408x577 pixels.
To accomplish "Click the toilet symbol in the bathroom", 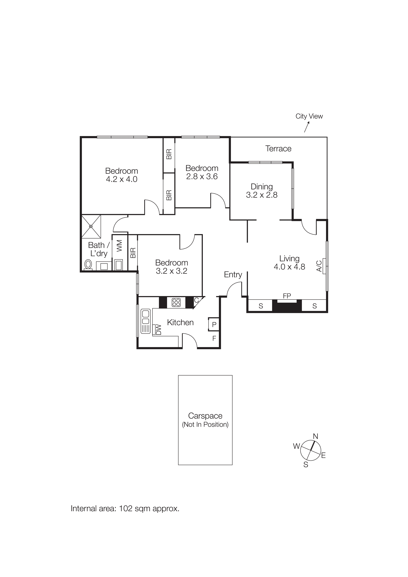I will (x=88, y=265).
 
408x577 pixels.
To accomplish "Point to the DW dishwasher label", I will (x=158, y=330).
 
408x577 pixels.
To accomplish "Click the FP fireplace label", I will (x=287, y=296).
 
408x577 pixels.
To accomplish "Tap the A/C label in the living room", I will (x=319, y=266).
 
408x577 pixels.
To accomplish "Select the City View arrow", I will (x=307, y=127).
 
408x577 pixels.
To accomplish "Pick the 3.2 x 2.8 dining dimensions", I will (x=262, y=195).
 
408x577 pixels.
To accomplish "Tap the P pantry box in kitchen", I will (x=214, y=324).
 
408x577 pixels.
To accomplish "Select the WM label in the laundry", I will (x=119, y=246).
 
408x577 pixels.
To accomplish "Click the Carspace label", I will (x=205, y=416).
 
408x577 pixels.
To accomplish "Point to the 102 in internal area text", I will (x=126, y=508).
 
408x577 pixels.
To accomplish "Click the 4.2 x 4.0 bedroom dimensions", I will (x=121, y=179).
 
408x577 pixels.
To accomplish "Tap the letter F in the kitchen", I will (x=214, y=339).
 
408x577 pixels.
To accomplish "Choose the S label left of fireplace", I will (x=261, y=306).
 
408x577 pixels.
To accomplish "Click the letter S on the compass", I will (x=306, y=465).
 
